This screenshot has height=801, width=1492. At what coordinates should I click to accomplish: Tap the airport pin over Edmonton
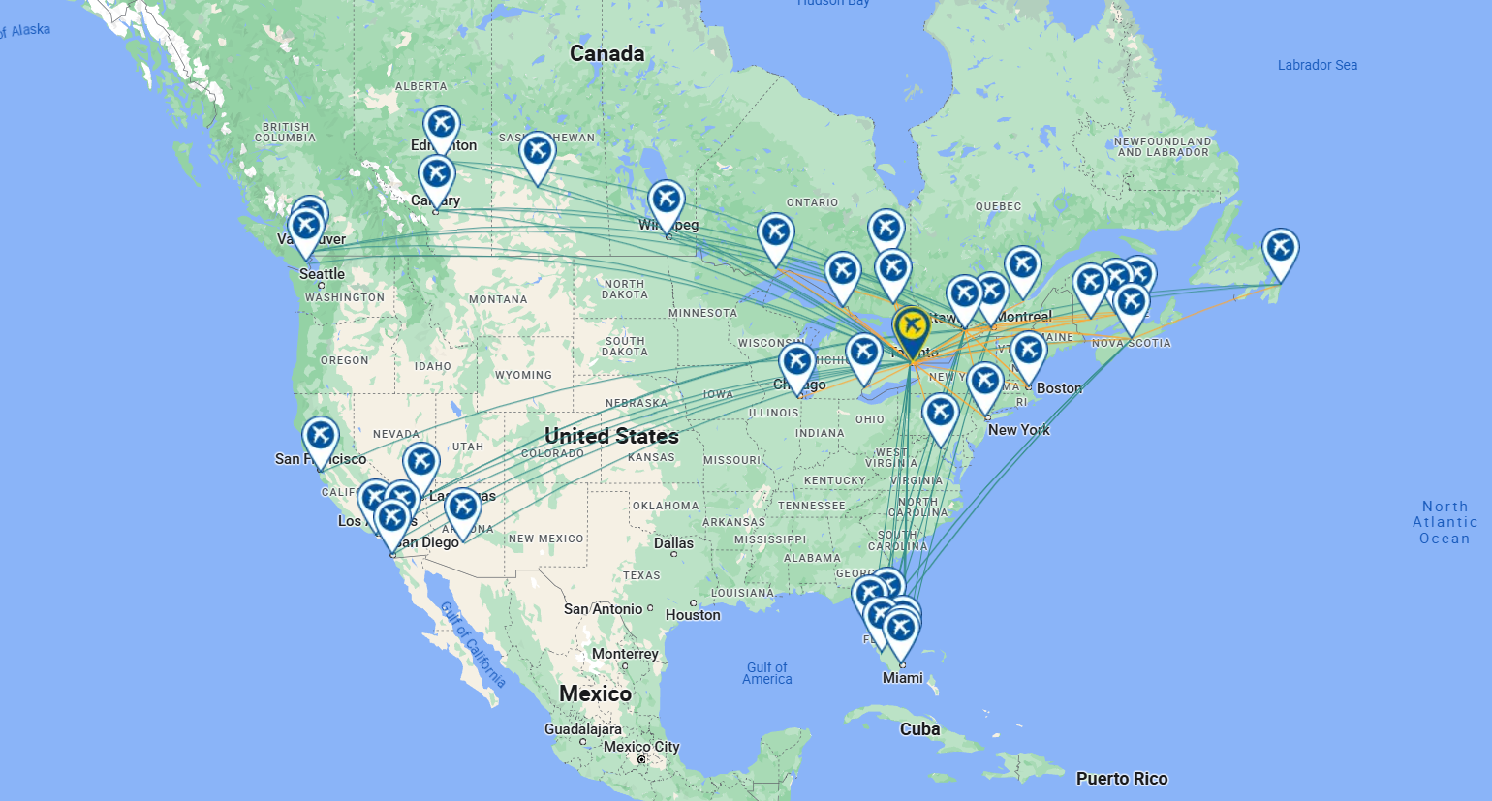point(441,124)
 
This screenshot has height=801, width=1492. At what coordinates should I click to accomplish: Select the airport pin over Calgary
point(436,174)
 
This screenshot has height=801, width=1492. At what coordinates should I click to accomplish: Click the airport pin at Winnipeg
point(666,200)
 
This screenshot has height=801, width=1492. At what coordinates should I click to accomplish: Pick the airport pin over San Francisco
point(321,435)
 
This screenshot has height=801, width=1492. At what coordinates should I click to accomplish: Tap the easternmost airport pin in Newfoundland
point(1280,248)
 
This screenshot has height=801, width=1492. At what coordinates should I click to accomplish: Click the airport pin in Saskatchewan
point(537,150)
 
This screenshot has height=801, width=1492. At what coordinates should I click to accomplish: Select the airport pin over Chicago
point(796,362)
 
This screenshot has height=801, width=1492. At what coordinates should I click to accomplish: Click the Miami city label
point(902,678)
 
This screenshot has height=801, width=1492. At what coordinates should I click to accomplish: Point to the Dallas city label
point(673,543)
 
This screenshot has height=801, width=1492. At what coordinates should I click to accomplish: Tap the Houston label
point(693,615)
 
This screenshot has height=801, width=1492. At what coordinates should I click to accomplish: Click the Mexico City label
point(641,747)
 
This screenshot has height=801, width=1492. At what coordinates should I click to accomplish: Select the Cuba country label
point(919,729)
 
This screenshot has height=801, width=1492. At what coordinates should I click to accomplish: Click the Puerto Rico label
point(1121,779)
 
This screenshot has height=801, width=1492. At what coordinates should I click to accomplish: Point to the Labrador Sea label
point(1317,65)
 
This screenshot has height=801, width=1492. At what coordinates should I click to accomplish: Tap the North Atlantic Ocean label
point(1445,522)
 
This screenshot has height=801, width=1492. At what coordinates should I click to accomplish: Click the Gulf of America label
point(767,673)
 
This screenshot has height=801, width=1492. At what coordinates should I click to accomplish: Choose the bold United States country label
point(611,436)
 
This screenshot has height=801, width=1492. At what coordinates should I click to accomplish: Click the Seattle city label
point(322,274)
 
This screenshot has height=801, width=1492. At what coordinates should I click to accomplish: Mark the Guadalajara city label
point(582,729)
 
